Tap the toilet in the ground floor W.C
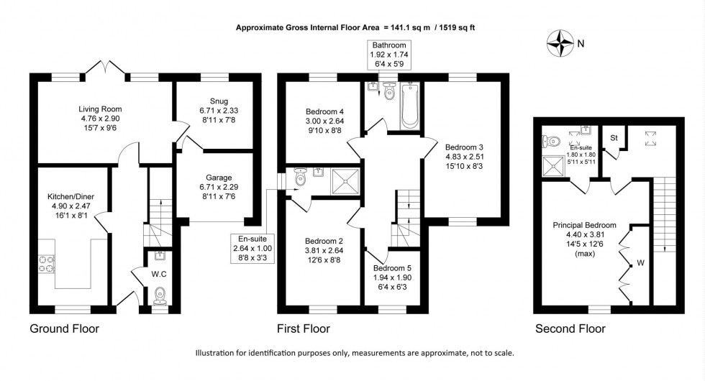160,295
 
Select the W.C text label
160,273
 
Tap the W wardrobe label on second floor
641,263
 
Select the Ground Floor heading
64,329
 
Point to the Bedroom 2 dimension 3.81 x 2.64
321,250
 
